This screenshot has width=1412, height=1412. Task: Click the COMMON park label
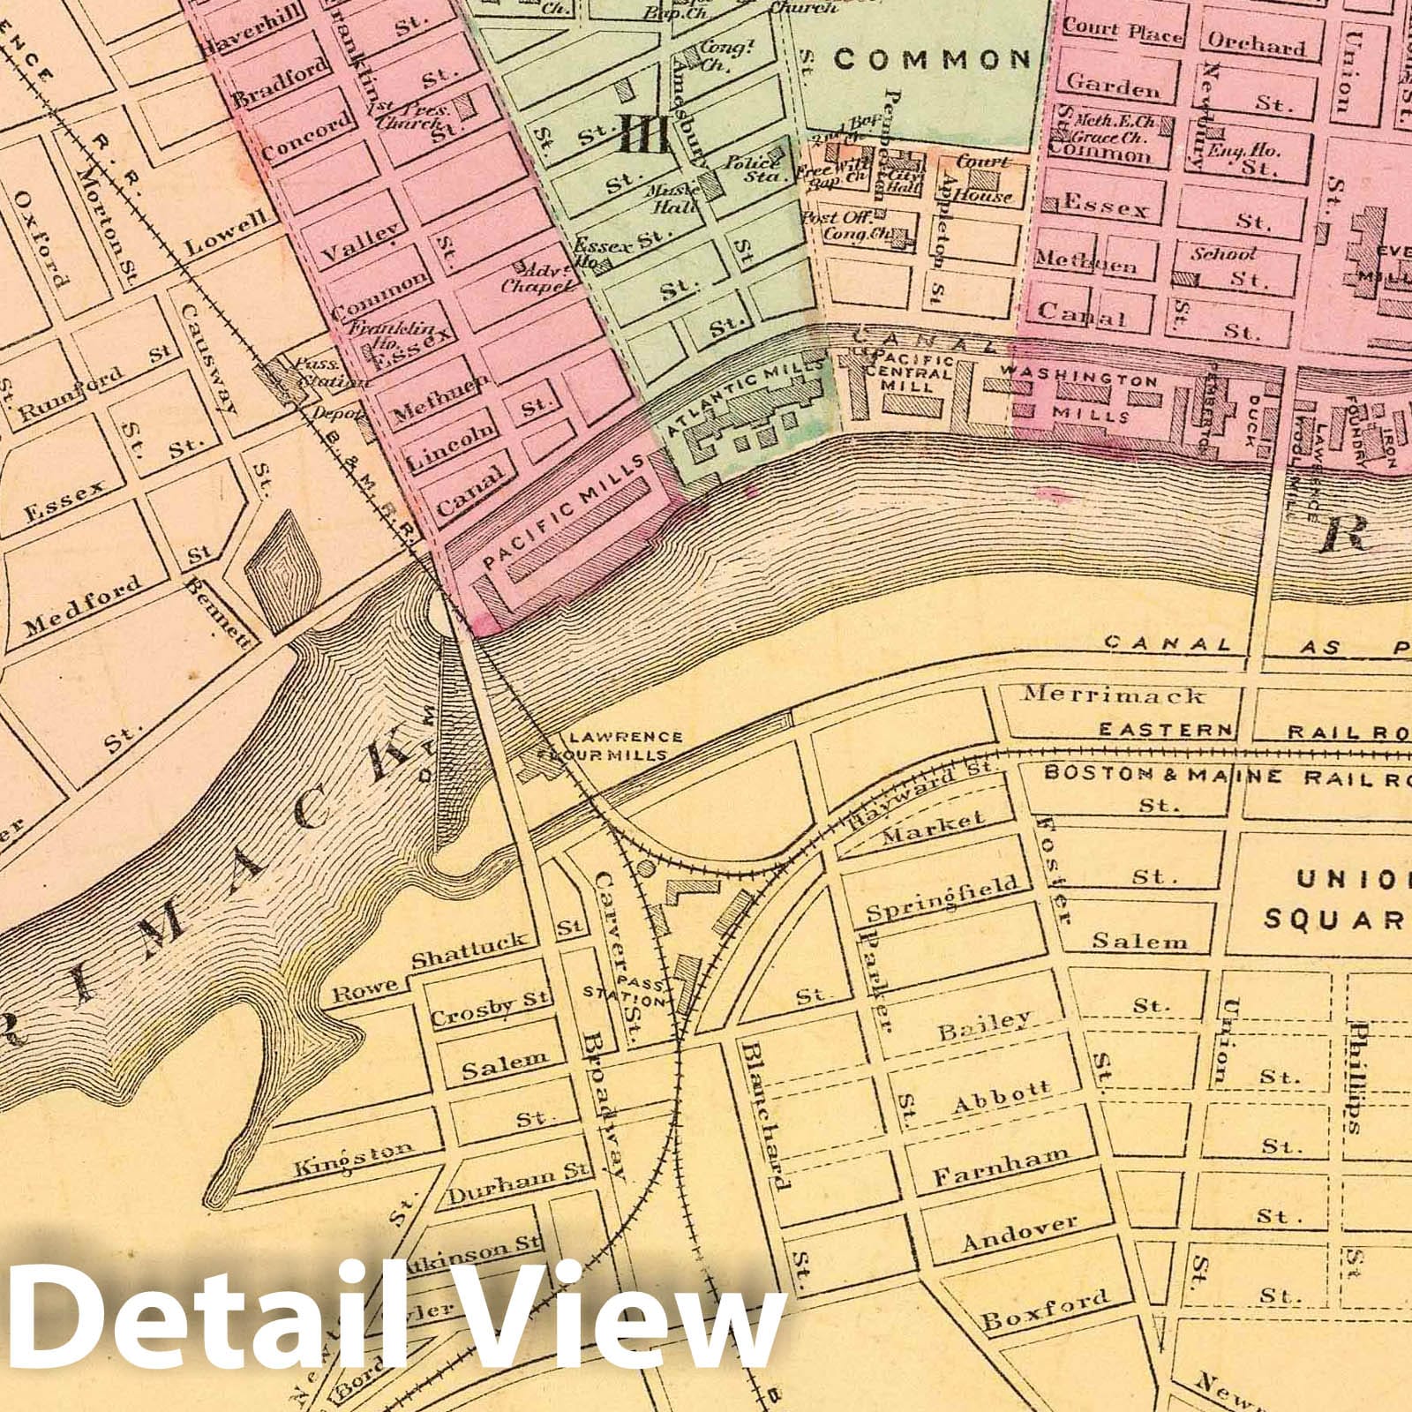click(932, 59)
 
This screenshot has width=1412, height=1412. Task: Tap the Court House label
click(983, 179)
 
